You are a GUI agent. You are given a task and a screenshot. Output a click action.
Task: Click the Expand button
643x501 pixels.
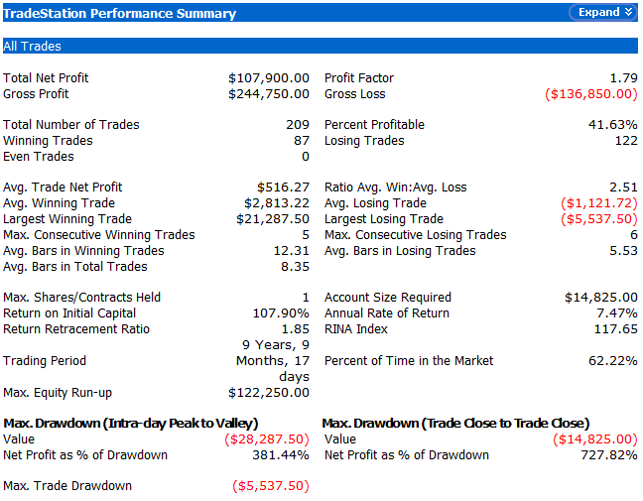[601, 13]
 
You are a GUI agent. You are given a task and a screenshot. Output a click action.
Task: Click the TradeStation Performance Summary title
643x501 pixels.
[120, 14]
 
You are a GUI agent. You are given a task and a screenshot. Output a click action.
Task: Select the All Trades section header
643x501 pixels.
[33, 47]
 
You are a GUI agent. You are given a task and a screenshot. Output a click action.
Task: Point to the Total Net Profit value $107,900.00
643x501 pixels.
[269, 78]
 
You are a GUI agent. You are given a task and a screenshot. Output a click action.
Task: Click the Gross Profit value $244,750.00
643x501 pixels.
[269, 94]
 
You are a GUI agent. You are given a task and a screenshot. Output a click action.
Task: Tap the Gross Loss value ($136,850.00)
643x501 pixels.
[591, 94]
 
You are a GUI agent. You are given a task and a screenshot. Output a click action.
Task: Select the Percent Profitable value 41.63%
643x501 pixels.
[613, 125]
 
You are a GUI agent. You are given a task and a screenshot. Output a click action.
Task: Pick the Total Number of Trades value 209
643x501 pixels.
[297, 125]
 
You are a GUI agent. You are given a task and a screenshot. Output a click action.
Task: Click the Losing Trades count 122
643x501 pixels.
[625, 141]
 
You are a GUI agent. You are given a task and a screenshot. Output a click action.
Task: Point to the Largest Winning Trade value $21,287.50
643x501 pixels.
[273, 219]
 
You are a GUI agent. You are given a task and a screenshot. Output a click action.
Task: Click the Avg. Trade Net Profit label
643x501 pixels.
[63, 188]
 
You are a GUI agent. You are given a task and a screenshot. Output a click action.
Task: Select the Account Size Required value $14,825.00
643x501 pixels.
[600, 298]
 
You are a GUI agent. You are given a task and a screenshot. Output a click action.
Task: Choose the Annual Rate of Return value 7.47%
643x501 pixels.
[617, 313]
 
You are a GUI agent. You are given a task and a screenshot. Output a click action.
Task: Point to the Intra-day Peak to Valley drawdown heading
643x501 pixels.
[131, 424]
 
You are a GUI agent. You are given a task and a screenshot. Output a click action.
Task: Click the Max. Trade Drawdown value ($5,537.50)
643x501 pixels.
[271, 486]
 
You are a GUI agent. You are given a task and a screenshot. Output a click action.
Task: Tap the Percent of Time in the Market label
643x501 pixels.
[409, 361]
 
